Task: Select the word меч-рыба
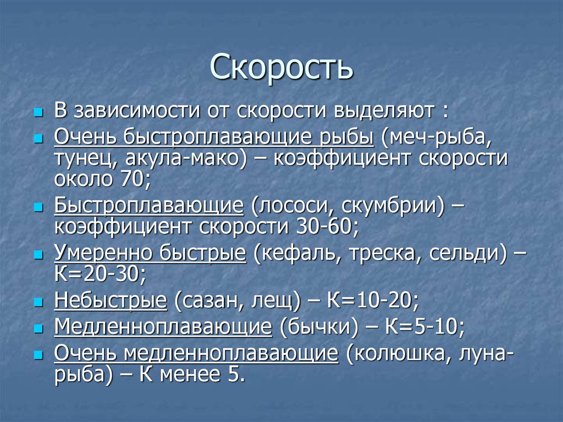(x=438, y=137)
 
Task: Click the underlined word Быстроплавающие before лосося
(x=148, y=206)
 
